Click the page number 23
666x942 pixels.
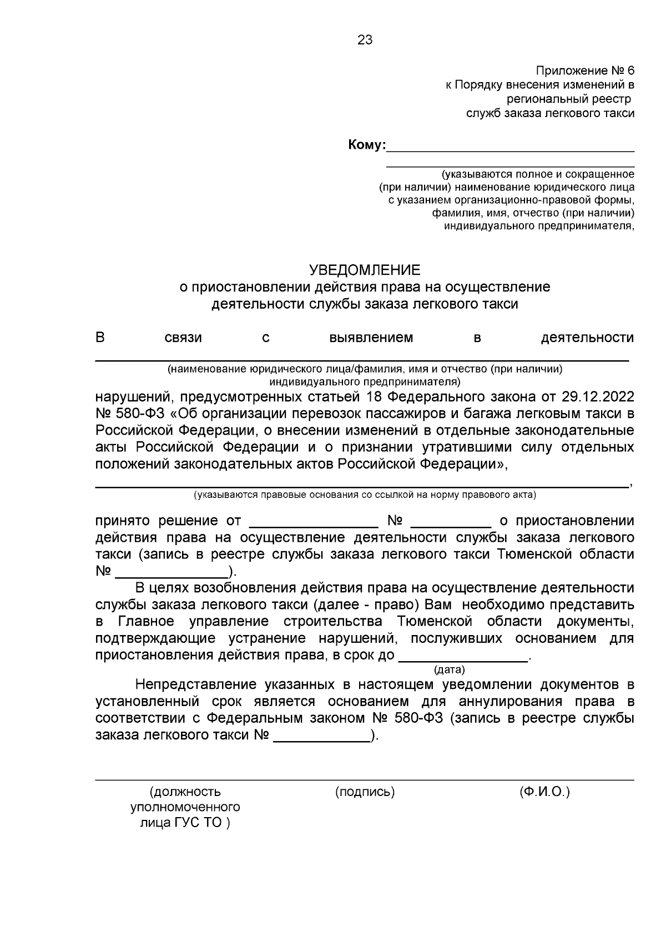pos(365,40)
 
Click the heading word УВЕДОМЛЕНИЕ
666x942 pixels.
pos(365,270)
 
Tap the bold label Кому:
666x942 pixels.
pos(366,145)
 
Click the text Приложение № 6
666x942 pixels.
pos(584,71)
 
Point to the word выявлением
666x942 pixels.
pos(371,337)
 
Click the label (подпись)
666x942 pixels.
pos(365,792)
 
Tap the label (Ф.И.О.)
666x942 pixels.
pos(545,792)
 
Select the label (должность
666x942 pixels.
pos(185,792)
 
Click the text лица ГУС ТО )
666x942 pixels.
pos(185,823)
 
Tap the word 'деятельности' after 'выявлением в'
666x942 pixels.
pos(587,337)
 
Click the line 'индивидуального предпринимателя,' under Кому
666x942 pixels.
pos(539,226)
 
